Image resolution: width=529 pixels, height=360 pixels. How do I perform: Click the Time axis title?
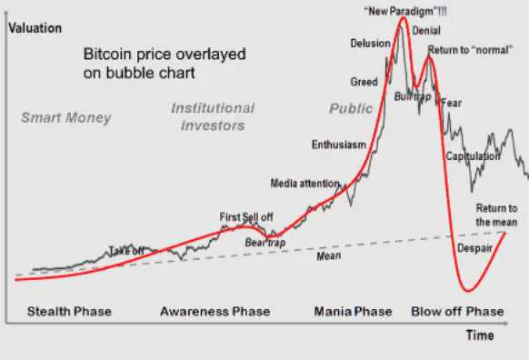pyautogui.click(x=479, y=335)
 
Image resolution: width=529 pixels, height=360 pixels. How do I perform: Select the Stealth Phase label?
pyautogui.click(x=69, y=312)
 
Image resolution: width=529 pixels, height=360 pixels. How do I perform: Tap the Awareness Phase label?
pyautogui.click(x=215, y=312)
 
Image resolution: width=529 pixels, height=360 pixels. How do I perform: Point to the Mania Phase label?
pyautogui.click(x=353, y=312)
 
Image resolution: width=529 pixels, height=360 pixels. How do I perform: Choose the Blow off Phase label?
pyautogui.click(x=457, y=312)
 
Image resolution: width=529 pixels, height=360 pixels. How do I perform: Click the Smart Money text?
pyautogui.click(x=65, y=117)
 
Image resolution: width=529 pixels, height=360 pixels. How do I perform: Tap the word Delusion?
pyautogui.click(x=370, y=44)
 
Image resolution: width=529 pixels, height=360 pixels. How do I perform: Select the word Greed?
pyautogui.click(x=364, y=82)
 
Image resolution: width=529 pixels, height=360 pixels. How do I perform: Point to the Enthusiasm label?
pyautogui.click(x=339, y=145)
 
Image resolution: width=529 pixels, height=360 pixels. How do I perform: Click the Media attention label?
pyautogui.click(x=304, y=183)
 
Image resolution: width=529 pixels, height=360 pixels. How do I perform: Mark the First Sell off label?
pyautogui.click(x=246, y=216)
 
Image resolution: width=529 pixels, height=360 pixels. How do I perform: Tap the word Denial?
pyautogui.click(x=426, y=30)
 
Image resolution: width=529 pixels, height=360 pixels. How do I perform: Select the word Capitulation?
pyautogui.click(x=473, y=156)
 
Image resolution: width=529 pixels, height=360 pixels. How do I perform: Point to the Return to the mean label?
pyautogui.click(x=496, y=215)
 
